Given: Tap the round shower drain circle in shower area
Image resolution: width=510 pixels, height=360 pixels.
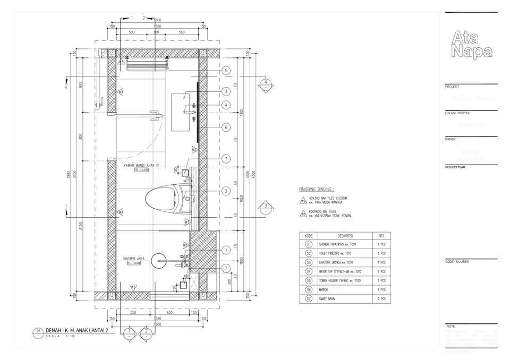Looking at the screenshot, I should click(x=159, y=261).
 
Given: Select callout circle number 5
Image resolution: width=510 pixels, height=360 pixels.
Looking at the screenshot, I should click(x=226, y=71).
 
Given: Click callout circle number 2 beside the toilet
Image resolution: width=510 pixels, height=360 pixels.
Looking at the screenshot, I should click(x=226, y=191).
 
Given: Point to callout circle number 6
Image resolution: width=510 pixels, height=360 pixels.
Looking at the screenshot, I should click(x=226, y=127).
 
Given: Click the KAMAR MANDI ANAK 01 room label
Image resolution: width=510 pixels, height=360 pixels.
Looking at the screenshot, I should click(x=142, y=165).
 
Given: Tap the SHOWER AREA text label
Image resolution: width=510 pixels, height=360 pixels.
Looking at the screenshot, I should click(x=134, y=259).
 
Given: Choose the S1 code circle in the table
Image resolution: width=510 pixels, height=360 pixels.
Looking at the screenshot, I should click(x=309, y=244).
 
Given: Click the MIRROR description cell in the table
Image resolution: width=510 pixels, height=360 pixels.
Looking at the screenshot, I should click(x=324, y=290).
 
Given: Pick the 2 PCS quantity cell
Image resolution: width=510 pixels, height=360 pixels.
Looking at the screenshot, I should click(x=381, y=299).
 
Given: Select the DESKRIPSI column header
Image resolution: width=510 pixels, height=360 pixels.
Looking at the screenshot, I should click(x=345, y=235).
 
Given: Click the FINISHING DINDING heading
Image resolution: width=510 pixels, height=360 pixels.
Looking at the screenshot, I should click(x=317, y=189).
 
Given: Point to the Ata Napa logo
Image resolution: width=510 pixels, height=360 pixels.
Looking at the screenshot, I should click(x=471, y=44).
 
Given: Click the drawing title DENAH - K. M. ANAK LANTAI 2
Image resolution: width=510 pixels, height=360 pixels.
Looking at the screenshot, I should click(x=81, y=331).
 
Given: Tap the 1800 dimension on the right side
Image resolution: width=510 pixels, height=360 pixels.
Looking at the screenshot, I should click(x=242, y=113).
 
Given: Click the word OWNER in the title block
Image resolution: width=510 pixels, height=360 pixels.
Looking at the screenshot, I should click(x=451, y=139).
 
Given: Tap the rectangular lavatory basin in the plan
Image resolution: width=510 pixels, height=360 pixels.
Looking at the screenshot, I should click(x=181, y=112).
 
